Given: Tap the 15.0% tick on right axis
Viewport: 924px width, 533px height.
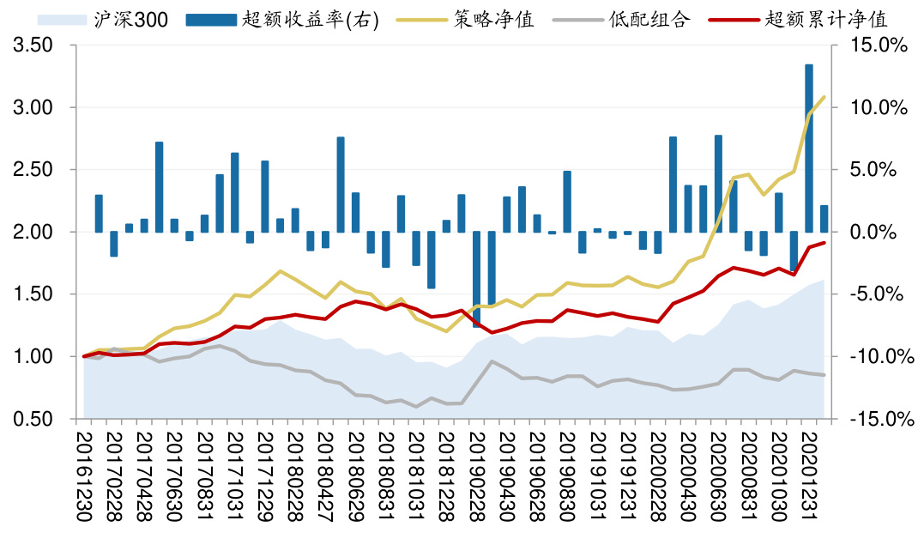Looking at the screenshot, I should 879,46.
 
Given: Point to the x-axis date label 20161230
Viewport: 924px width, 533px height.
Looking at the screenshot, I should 84,476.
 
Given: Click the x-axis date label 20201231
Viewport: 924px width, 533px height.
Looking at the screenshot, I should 808,476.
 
